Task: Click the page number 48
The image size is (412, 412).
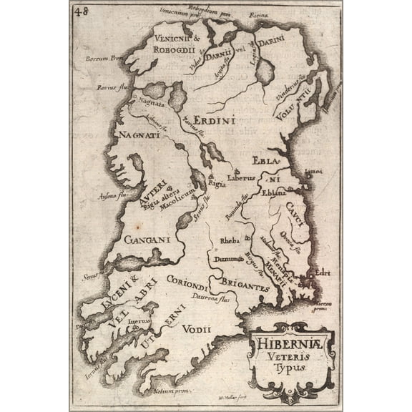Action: click(x=79, y=11)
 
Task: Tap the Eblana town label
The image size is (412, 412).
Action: click(x=274, y=194)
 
